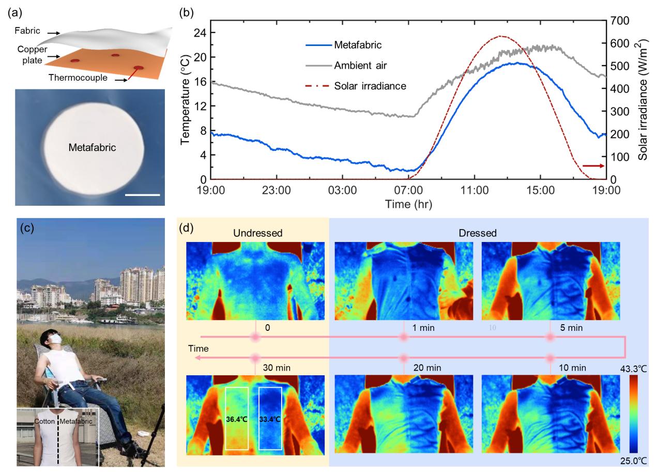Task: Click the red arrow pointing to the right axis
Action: [593, 166]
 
